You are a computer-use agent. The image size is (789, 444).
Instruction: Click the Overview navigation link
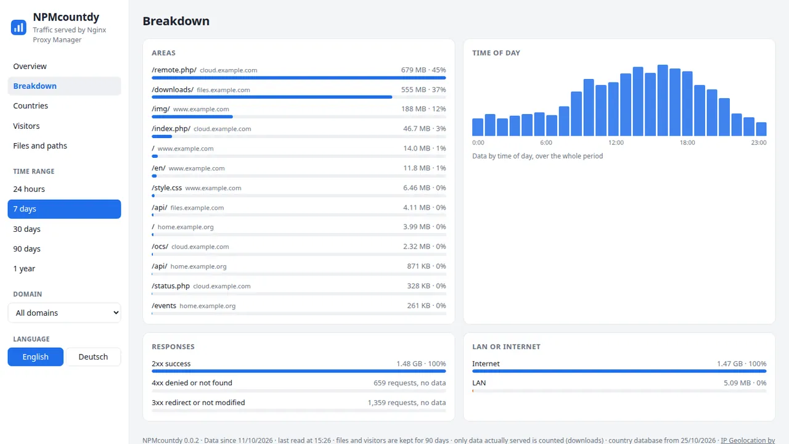click(x=30, y=66)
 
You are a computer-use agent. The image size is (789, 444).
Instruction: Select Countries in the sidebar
click(x=30, y=105)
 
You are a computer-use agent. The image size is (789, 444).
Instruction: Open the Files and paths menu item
click(x=40, y=146)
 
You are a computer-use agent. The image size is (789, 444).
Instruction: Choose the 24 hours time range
click(x=29, y=189)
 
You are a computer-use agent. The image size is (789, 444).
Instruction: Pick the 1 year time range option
click(x=24, y=268)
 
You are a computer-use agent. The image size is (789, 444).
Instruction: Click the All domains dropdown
click(x=64, y=313)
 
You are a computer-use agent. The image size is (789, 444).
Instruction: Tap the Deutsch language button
click(x=93, y=356)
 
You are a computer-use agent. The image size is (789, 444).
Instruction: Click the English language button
click(x=36, y=356)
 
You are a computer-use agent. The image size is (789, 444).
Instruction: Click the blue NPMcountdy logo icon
click(x=18, y=28)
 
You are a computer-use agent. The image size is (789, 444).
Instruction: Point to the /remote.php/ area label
click(x=174, y=70)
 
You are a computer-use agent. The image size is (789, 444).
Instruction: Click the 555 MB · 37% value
click(x=423, y=89)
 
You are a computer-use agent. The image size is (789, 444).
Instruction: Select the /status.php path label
click(x=171, y=286)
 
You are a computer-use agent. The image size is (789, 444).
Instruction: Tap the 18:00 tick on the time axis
click(x=687, y=142)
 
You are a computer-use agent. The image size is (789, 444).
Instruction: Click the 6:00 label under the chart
click(x=546, y=142)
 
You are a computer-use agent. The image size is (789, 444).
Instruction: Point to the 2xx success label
click(x=171, y=363)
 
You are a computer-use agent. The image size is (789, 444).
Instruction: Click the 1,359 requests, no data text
click(x=407, y=403)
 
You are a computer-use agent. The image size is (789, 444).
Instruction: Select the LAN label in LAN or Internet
click(x=479, y=383)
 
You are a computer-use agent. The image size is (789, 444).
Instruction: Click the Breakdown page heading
click(x=176, y=21)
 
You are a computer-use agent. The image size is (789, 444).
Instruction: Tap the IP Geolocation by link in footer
click(x=748, y=440)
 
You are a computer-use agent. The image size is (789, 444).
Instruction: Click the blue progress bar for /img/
click(x=192, y=117)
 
